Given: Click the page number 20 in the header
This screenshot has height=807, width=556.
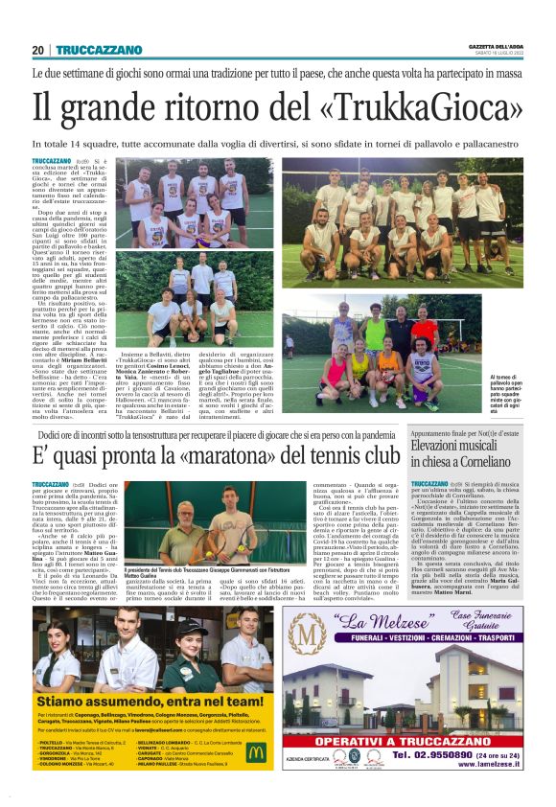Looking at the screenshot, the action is click(38, 50).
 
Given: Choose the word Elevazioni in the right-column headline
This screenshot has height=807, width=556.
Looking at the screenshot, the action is click(443, 446).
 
